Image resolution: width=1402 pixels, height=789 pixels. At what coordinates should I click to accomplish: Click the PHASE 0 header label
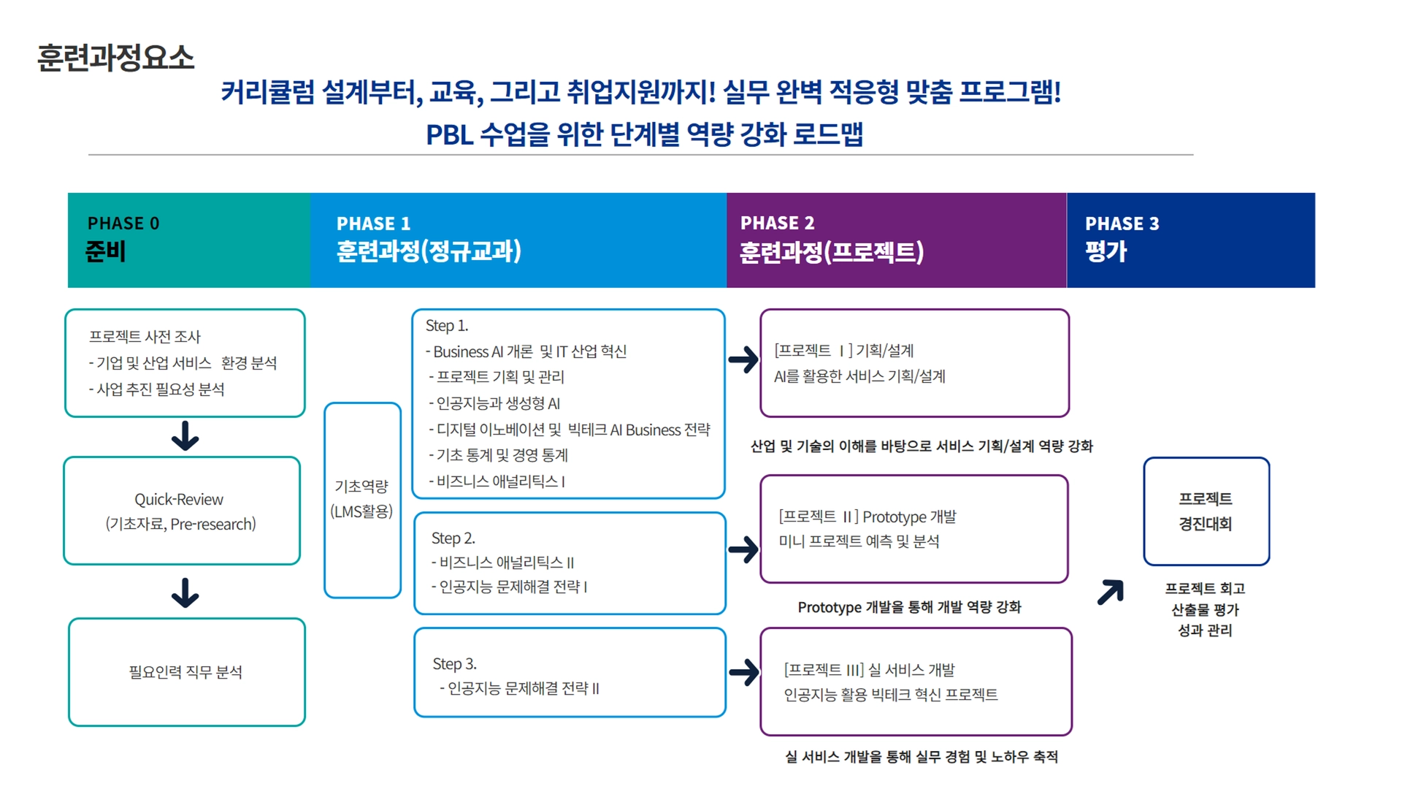[123, 224]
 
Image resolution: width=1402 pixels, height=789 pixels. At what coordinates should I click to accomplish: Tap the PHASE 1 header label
[373, 224]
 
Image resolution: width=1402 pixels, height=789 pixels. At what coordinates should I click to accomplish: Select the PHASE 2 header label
[777, 223]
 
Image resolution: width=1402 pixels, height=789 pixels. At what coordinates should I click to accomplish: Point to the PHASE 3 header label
[1122, 224]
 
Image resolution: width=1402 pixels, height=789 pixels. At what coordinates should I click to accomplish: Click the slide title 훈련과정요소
[115, 58]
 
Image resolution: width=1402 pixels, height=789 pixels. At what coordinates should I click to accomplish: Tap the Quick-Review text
[179, 500]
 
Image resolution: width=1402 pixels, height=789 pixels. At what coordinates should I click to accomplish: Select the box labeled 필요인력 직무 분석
[186, 672]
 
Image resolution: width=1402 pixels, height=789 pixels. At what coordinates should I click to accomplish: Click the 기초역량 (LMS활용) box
[362, 500]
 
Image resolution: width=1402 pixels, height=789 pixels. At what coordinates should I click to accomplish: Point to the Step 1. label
[447, 326]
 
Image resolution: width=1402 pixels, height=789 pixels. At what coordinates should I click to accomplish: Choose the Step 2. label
[453, 538]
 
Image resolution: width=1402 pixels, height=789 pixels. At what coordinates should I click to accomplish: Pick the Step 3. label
[454, 664]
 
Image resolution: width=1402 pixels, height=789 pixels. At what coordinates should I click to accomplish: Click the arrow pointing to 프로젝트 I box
[743, 359]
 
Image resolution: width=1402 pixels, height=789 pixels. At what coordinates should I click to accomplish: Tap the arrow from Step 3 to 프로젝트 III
[743, 673]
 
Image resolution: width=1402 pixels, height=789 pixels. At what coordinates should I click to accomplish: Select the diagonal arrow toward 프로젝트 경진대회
[1111, 592]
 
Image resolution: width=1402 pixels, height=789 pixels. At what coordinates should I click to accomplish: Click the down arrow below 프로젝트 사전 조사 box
[185, 436]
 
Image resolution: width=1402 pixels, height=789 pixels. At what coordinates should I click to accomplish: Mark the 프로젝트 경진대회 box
[1206, 511]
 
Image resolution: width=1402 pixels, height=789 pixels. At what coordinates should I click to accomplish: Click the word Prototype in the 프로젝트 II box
[894, 517]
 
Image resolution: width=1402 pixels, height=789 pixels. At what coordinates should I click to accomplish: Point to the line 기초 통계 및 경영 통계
[502, 455]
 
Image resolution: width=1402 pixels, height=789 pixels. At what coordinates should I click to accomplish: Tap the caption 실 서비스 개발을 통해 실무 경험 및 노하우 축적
[921, 757]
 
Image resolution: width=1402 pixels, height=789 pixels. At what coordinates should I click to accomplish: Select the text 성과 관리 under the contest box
[1205, 630]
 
